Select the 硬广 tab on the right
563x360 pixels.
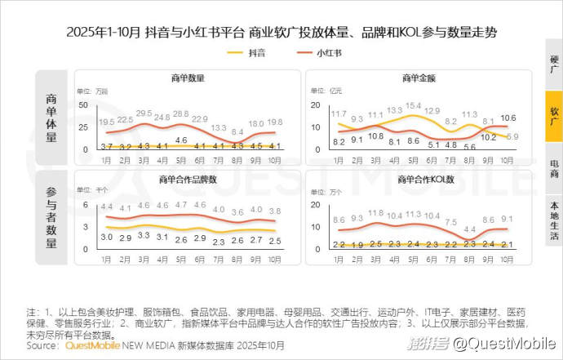pyautogui.click(x=554, y=65)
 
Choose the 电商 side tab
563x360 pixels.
pyautogui.click(x=554, y=168)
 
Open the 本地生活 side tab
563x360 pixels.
pyautogui.click(x=554, y=221)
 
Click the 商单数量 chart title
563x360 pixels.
pyautogui.click(x=188, y=78)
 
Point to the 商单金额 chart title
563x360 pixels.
pyautogui.click(x=419, y=78)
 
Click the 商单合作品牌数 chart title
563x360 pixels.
pyautogui.click(x=188, y=179)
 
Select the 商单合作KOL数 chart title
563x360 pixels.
pyautogui.click(x=419, y=179)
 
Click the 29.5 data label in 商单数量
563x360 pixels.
pyautogui.click(x=144, y=113)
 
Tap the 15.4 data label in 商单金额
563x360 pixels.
pyautogui.click(x=414, y=106)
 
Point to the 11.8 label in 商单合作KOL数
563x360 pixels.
pyautogui.click(x=375, y=213)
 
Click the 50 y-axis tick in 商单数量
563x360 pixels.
pyautogui.click(x=83, y=105)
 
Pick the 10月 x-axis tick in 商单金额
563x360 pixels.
pyautogui.click(x=507, y=159)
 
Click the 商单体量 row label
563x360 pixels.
pyautogui.click(x=53, y=118)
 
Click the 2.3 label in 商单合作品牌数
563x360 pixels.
pyautogui.click(x=219, y=242)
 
